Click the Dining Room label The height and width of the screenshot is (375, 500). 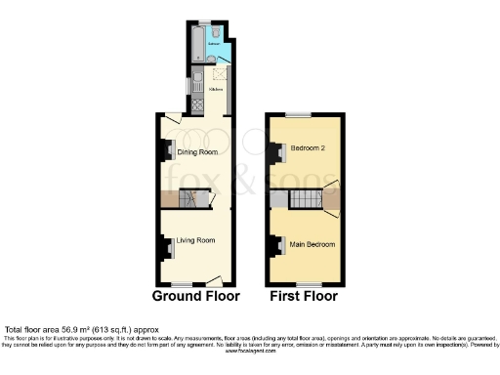[x=195, y=150]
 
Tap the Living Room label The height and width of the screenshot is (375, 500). [x=195, y=239]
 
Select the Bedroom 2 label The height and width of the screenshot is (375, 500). [x=307, y=148]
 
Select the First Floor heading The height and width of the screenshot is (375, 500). [x=303, y=295]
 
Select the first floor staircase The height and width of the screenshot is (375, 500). [x=308, y=200]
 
